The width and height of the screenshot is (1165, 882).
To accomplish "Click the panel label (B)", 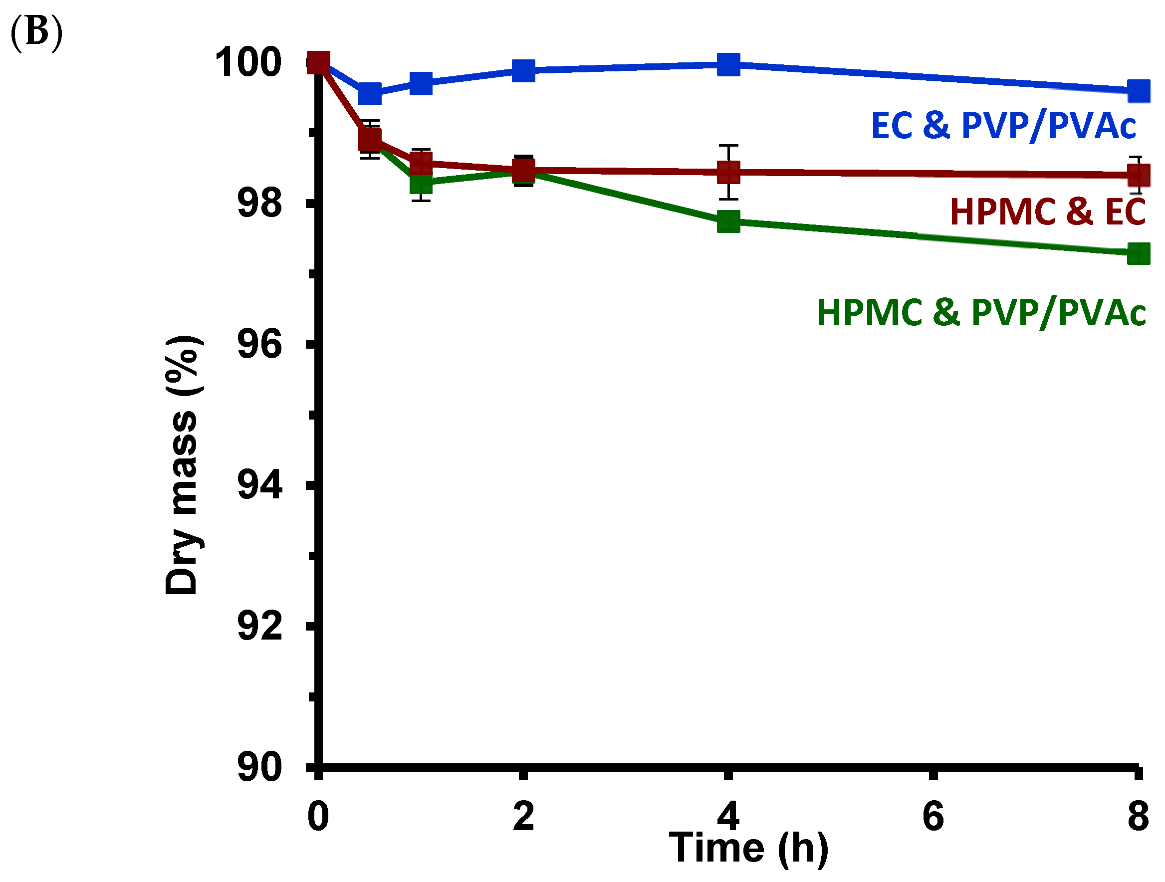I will (36, 32).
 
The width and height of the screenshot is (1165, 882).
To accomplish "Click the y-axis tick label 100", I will (247, 63).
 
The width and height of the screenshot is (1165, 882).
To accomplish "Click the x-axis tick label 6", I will (933, 817).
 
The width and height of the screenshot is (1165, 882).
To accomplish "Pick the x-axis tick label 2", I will (523, 817).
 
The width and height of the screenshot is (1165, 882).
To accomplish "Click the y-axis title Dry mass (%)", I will (182, 465).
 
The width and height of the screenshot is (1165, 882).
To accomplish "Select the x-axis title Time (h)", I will (748, 848).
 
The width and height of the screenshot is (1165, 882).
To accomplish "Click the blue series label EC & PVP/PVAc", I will (1003, 126).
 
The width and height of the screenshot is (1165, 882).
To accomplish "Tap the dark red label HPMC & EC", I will (1048, 212).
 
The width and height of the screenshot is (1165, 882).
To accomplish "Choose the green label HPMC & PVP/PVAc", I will (981, 312).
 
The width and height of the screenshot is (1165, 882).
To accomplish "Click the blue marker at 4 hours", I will (728, 65).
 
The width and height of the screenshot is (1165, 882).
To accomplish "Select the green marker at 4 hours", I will (728, 221).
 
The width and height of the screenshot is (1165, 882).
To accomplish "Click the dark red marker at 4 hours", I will (728, 172).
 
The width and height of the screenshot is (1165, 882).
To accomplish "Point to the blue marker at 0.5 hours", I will (370, 93).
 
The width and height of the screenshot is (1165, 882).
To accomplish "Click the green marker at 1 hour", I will (421, 184).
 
